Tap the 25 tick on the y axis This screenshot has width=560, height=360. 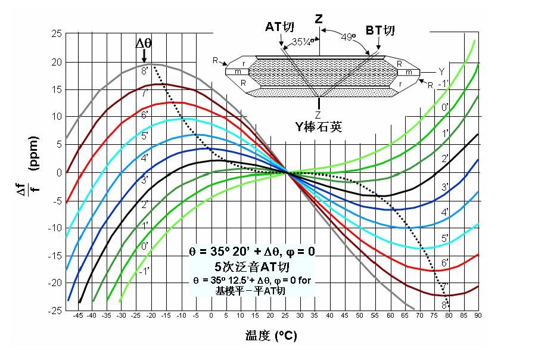pos(57,33)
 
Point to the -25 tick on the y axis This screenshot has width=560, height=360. pos(55,311)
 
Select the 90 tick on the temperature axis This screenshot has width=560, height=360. pos(478,316)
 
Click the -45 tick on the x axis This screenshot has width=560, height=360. pos(77,316)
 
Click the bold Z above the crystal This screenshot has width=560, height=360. pos(319,19)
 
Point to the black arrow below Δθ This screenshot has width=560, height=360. pos(144,55)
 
